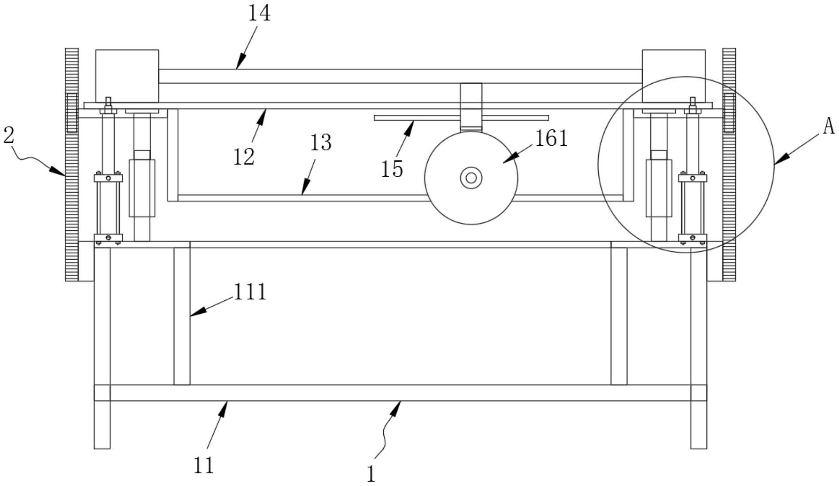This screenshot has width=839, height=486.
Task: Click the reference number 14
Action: point(259,13)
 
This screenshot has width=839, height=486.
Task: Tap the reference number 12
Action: point(244,157)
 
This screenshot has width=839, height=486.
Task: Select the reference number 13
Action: point(320,143)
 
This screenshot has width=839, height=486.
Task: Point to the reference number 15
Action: point(392,169)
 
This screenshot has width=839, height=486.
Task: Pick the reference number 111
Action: point(250,292)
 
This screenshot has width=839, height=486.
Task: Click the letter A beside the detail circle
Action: point(828,127)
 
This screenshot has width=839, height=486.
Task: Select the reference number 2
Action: point(8,135)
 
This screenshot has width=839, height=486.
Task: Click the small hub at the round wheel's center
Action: point(471,178)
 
